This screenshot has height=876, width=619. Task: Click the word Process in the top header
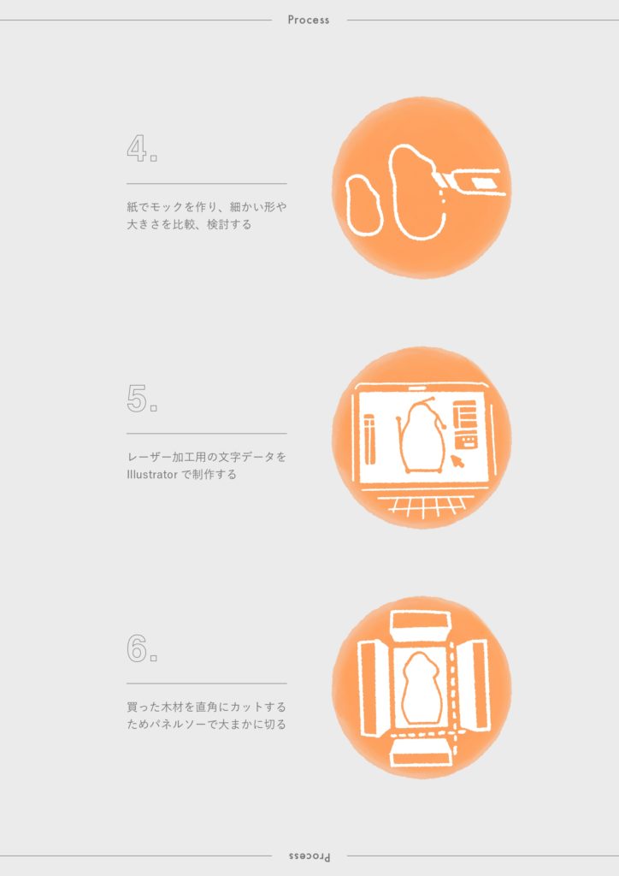coord(308,20)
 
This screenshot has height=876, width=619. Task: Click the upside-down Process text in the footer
coord(309,856)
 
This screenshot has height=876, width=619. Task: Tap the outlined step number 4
coord(137,148)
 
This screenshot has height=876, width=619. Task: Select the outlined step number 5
coord(137,399)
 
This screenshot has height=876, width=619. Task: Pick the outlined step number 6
coord(137,648)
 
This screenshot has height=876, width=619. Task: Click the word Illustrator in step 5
coord(152,475)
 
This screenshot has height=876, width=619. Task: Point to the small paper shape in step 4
coord(364,205)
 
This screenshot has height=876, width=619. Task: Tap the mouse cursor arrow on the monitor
coord(457,461)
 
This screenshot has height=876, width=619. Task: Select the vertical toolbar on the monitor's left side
coord(369,439)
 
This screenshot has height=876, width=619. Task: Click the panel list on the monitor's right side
coord(465,424)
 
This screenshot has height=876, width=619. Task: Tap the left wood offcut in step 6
coord(373,689)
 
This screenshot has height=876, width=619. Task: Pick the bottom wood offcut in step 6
coord(422,751)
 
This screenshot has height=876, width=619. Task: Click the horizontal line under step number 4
coord(207,183)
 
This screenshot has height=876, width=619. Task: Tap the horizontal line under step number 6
coord(207,684)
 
